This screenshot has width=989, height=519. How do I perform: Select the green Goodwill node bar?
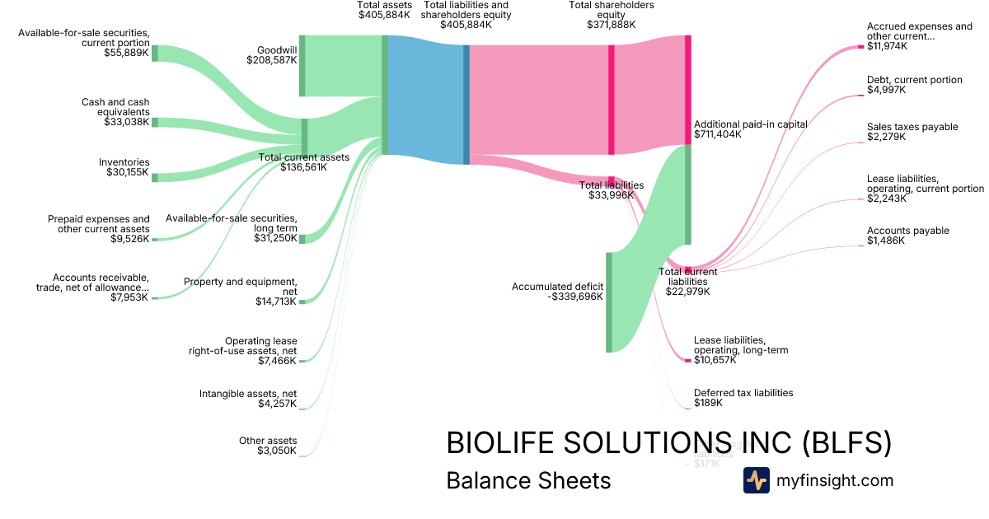tap(302, 66)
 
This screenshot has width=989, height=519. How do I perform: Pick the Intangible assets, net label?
tap(248, 399)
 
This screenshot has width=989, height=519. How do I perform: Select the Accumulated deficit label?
tap(557, 292)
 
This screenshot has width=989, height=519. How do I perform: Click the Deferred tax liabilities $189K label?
tap(743, 398)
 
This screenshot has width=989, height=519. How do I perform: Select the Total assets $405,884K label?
tap(385, 10)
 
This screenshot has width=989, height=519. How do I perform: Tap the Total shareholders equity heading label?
tap(611, 15)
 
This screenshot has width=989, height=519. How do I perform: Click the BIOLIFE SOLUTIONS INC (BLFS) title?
tap(668, 443)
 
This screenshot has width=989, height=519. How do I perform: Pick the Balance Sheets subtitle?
tap(528, 480)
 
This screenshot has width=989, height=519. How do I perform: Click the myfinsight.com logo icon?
tap(756, 480)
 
